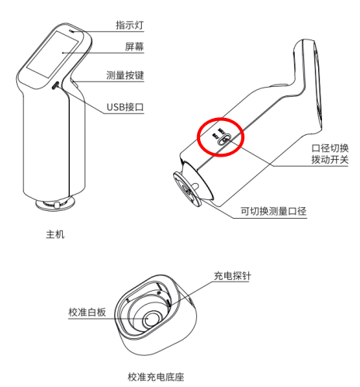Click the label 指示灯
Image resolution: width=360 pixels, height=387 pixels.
[x=130, y=25]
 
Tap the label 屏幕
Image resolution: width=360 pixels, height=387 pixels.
[x=134, y=47]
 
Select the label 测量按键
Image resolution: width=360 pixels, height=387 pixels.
[x=125, y=75]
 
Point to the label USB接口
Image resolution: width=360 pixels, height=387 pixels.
[x=125, y=107]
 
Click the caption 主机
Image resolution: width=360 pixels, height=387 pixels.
[x=55, y=234]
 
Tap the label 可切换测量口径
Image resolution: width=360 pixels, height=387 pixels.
[x=274, y=211]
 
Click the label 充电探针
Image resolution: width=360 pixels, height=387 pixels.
[x=232, y=276]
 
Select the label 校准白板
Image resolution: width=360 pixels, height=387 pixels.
[x=87, y=312]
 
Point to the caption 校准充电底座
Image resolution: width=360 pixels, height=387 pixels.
[x=156, y=377]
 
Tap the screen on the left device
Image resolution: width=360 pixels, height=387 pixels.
[x=53, y=54]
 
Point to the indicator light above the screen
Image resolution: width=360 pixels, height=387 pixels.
[x=71, y=31]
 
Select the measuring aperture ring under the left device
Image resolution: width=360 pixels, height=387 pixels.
[x=55, y=204]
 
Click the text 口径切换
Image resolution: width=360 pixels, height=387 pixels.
[x=330, y=148]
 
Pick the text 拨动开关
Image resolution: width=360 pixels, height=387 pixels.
[x=330, y=160]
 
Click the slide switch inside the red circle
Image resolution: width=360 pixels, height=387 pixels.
[x=224, y=139]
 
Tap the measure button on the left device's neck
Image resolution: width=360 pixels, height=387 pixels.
[x=75, y=83]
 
